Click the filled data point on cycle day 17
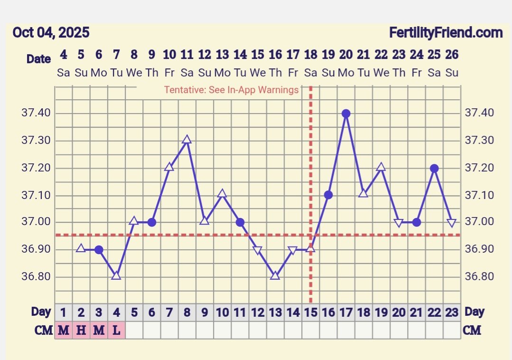click(x=346, y=114)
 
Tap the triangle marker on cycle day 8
click(x=187, y=140)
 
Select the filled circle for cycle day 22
click(x=434, y=168)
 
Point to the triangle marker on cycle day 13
click(x=275, y=275)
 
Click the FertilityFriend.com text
click(x=446, y=33)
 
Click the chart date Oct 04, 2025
click(x=51, y=33)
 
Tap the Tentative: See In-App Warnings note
click(x=232, y=90)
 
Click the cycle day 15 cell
click(x=310, y=313)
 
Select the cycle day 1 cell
click(x=64, y=313)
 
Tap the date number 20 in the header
click(x=346, y=55)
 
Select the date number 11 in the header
click(x=187, y=55)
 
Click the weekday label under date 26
click(x=452, y=73)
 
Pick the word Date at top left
click(x=38, y=59)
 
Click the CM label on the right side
click(x=472, y=330)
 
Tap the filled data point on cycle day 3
click(x=99, y=250)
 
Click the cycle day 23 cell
click(x=452, y=313)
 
